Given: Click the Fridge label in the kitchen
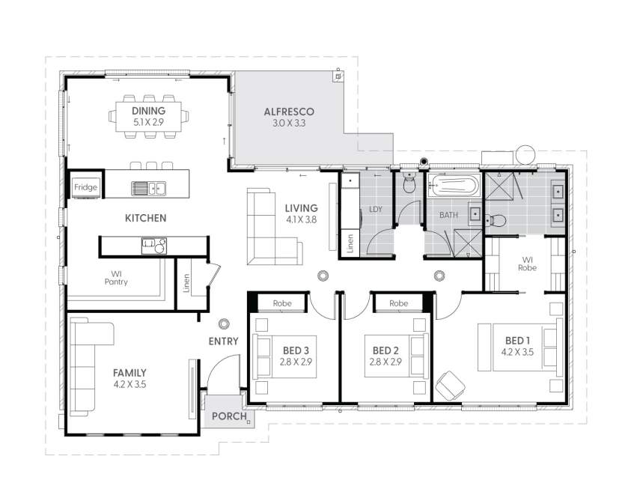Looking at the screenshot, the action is tap(86, 187).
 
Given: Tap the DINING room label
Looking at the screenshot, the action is tap(148, 111).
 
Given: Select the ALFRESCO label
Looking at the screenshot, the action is tap(289, 112).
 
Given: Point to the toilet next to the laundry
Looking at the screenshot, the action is tap(409, 183).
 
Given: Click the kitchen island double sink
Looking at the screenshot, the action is tap(148, 188).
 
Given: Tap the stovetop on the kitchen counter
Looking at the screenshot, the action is tap(154, 246).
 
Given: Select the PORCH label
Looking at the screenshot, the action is tap(229, 416).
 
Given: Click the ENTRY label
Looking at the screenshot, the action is tap(223, 341).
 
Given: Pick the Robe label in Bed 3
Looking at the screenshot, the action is tap(282, 303).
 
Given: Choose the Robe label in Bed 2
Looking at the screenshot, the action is tap(398, 303).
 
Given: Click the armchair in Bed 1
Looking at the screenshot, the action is tap(450, 386).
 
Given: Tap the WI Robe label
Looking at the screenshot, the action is tap(528, 264).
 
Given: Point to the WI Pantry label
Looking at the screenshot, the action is tap(116, 278).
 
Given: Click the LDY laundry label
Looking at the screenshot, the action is tap(376, 209).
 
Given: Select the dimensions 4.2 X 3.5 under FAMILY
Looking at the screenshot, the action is tap(129, 384).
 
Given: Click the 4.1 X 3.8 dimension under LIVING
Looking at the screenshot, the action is tap(301, 219).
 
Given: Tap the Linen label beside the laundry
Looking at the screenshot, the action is tap(350, 243).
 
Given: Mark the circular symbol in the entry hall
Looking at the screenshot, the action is tap(223, 324).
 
